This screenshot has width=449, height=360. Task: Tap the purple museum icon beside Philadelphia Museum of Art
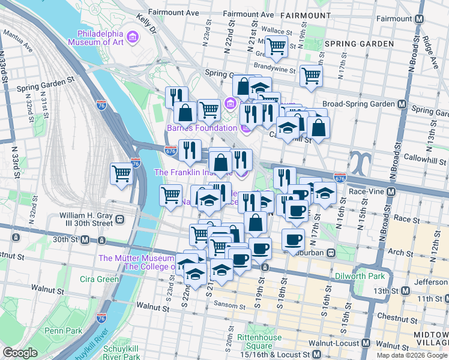click(133, 38)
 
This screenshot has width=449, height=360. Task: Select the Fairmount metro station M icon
click(418, 19)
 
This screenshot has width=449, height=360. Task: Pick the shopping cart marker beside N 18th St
click(311, 76)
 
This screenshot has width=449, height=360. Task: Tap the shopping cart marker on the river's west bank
click(121, 174)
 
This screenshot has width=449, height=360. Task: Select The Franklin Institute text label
click(192, 172)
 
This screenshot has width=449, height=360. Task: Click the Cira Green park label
click(100, 279)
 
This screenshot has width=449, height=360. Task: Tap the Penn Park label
click(62, 331)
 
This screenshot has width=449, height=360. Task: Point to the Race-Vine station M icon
click(391, 192)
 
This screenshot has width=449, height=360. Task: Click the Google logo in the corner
click(20, 353)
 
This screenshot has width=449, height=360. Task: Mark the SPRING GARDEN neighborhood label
click(359, 44)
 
